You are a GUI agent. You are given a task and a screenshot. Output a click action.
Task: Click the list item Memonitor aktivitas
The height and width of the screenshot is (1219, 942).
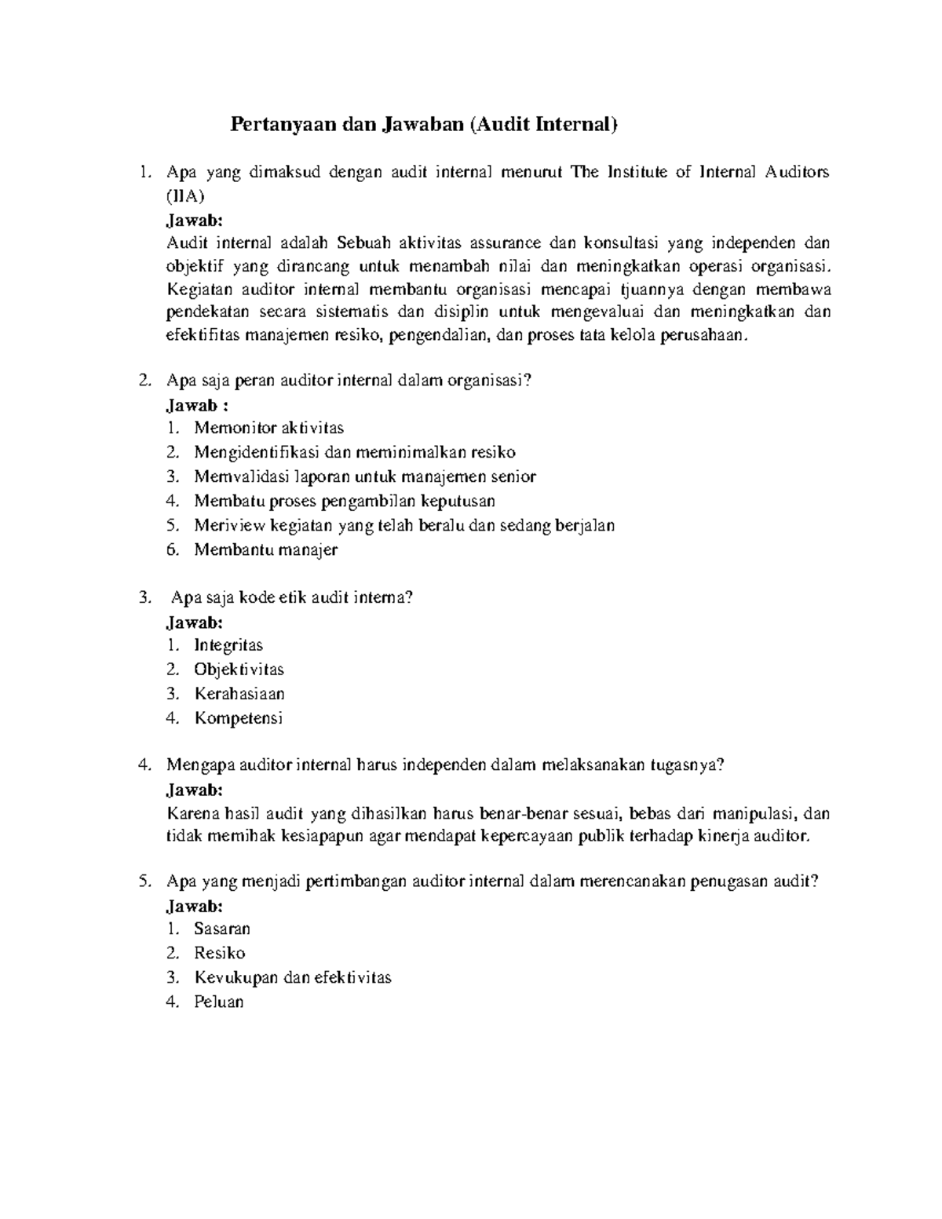pyautogui.click(x=268, y=428)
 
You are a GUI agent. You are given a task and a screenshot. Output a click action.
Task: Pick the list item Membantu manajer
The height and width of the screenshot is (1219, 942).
pyautogui.click(x=265, y=549)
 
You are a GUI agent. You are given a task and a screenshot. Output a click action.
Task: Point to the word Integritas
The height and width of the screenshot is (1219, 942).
pyautogui.click(x=228, y=645)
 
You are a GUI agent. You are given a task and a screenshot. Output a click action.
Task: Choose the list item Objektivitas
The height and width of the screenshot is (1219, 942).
pyautogui.click(x=239, y=670)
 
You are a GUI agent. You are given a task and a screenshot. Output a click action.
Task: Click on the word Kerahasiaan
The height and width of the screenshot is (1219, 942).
pyautogui.click(x=239, y=694)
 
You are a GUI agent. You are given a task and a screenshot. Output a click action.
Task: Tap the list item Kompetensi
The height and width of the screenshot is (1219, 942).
pyautogui.click(x=238, y=718)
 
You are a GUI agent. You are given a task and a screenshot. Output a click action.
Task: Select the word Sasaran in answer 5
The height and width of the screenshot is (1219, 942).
pyautogui.click(x=222, y=929)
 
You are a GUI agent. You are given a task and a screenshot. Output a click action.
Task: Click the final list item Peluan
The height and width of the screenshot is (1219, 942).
pyautogui.click(x=219, y=1002)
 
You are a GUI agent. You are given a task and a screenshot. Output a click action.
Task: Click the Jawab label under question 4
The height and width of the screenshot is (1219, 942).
pyautogui.click(x=195, y=790)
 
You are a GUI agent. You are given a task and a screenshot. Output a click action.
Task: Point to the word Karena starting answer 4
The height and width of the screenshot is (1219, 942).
pyautogui.click(x=193, y=814)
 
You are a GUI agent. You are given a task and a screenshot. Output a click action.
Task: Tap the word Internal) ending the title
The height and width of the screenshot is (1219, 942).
pyautogui.click(x=577, y=125)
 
